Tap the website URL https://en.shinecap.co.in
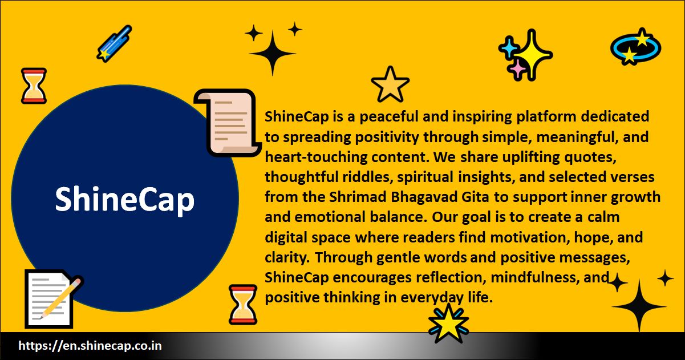[x=90, y=346]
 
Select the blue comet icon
[x=114, y=43]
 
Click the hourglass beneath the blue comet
[x=34, y=86]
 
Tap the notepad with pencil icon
[x=52, y=298]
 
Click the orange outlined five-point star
[x=390, y=84]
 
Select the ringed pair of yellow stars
[x=635, y=47]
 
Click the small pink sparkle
[x=518, y=68]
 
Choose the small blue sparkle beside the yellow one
[x=507, y=47]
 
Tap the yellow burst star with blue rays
[x=448, y=323]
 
